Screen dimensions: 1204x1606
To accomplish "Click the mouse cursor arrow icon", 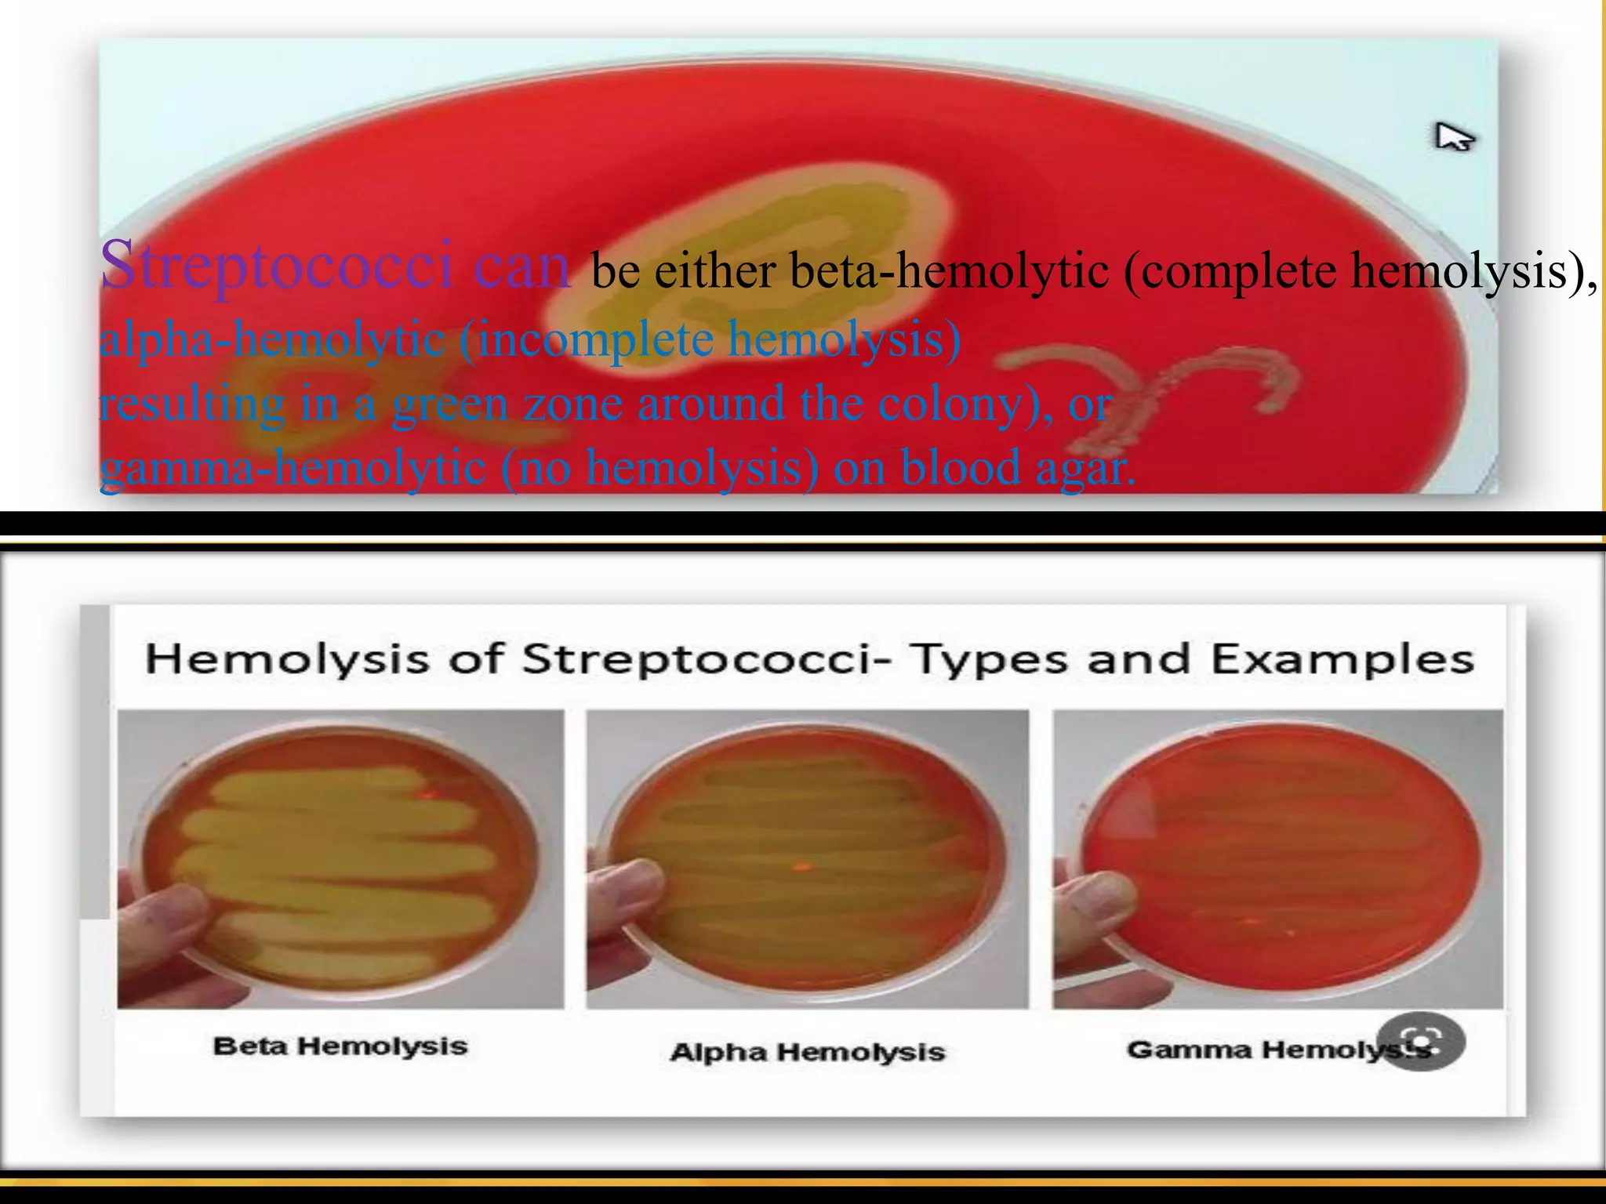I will (x=1452, y=139).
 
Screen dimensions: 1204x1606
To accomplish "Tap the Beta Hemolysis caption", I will (x=340, y=1046).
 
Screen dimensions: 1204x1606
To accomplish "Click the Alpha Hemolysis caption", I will (x=807, y=1052).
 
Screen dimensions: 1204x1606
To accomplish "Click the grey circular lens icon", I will (x=1420, y=1042).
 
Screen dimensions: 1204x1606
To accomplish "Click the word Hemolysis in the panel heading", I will (x=287, y=659).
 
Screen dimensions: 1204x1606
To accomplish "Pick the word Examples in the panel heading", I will (x=1343, y=659).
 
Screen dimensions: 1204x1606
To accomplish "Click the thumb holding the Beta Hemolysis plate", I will (x=169, y=917).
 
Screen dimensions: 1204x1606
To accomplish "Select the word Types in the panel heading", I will (x=989, y=659).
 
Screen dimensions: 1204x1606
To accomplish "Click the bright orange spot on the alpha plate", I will (x=801, y=866).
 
